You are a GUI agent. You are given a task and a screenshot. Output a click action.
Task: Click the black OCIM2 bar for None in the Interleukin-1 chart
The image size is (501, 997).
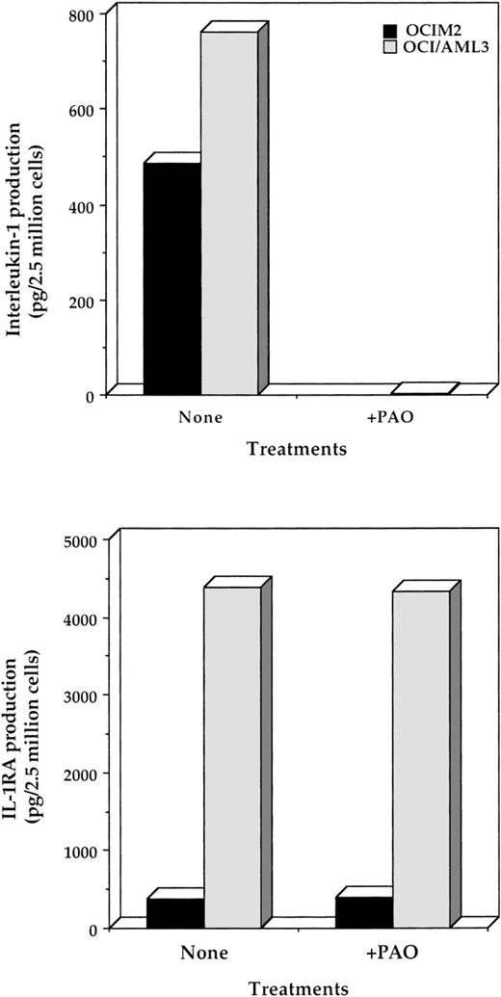(x=172, y=278)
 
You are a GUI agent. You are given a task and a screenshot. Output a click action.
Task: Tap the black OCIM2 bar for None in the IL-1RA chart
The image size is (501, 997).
(x=175, y=912)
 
